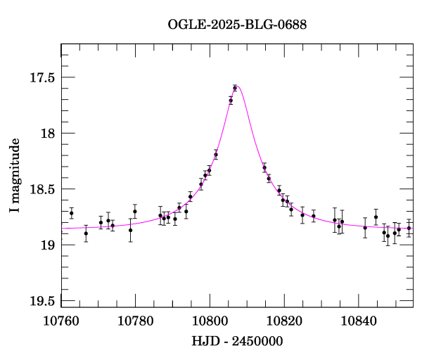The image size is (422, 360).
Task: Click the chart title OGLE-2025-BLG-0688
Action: tap(237, 25)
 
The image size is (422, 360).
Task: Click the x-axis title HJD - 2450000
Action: tap(237, 342)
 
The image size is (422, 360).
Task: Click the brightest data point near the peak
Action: tap(235, 88)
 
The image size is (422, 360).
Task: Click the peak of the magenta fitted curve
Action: tap(238, 86)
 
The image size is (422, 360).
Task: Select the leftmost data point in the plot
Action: tap(72, 213)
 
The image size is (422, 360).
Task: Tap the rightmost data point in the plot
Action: tap(409, 228)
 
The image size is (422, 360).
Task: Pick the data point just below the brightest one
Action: tap(231, 101)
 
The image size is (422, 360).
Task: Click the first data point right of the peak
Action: tap(264, 168)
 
